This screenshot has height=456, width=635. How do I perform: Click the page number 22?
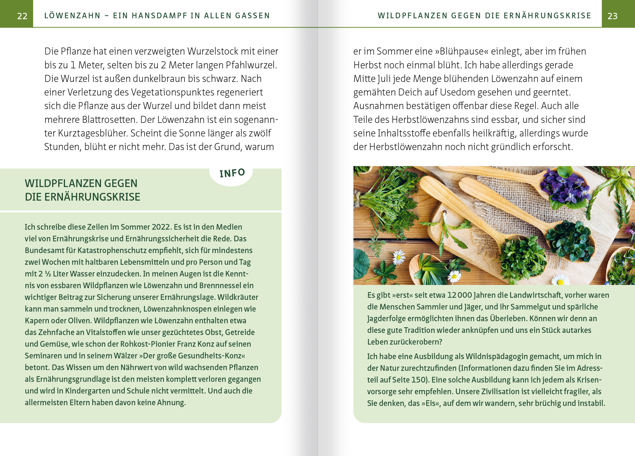click(x=22, y=16)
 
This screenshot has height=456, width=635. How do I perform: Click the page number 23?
click(x=612, y=16)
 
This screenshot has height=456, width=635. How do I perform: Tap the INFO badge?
click(x=232, y=173)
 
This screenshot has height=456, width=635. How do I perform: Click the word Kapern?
click(x=35, y=321)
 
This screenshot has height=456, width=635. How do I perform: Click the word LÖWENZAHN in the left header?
click(x=72, y=15)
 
